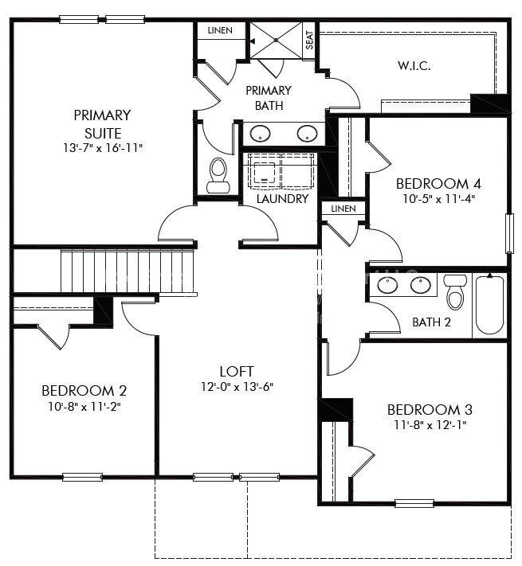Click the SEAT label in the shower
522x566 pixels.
point(310,41)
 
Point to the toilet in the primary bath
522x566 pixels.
point(218,176)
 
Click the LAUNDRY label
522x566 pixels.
point(282,198)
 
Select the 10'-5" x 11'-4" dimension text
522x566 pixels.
point(438,199)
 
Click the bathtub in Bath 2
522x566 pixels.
point(489,304)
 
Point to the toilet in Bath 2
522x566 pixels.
point(456,292)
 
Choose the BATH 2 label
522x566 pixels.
point(431,322)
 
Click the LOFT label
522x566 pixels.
point(237,371)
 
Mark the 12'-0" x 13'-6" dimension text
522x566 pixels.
point(237,387)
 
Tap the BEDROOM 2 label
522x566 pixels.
point(84,391)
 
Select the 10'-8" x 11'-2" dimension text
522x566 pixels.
point(84,406)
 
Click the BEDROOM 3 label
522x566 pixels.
point(430,410)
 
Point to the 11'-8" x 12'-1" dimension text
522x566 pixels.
point(430,425)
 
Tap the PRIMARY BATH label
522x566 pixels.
point(268,97)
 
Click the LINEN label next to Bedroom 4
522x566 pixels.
point(343,209)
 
